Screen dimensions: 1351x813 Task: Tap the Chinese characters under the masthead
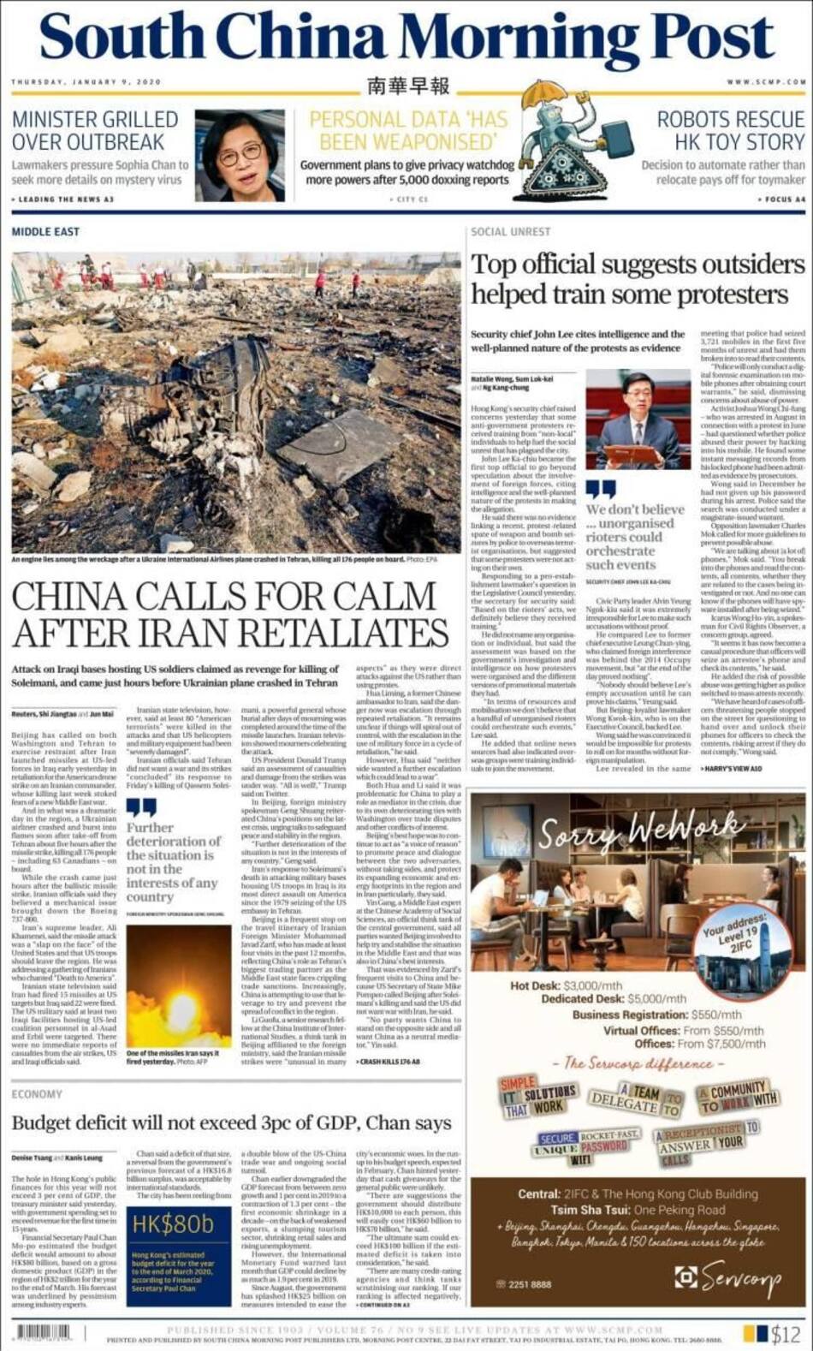pos(407,86)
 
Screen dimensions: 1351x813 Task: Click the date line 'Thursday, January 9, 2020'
pos(86,82)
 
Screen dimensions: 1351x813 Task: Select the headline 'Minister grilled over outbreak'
pos(95,130)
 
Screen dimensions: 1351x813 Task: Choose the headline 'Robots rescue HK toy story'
pos(730,130)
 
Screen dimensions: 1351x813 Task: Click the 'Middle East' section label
pos(45,232)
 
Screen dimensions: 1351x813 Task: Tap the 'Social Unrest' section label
pos(511,232)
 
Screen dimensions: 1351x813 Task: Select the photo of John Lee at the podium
pos(638,420)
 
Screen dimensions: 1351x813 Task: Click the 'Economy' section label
pos(37,1094)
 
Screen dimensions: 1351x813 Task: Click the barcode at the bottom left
pos(43,1332)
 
